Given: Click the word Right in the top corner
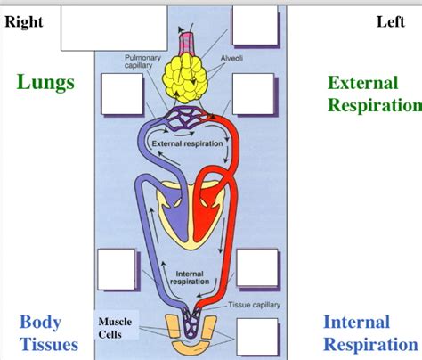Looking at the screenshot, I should coord(24,22).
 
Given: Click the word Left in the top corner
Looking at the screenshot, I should coord(390,22).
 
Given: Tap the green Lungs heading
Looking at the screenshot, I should coord(45,83).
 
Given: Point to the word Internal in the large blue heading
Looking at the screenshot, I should coord(356,322).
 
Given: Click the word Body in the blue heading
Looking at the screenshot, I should coord(41,322).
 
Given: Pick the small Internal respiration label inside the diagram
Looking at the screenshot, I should coord(190,278).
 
